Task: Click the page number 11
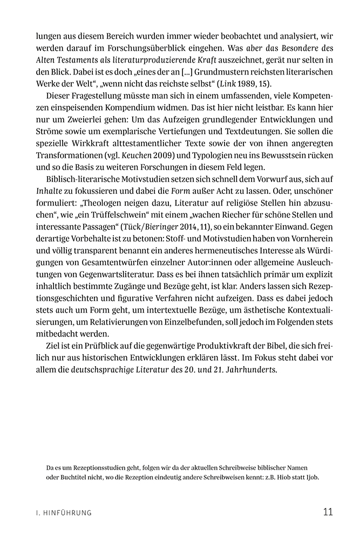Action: [328, 512]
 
